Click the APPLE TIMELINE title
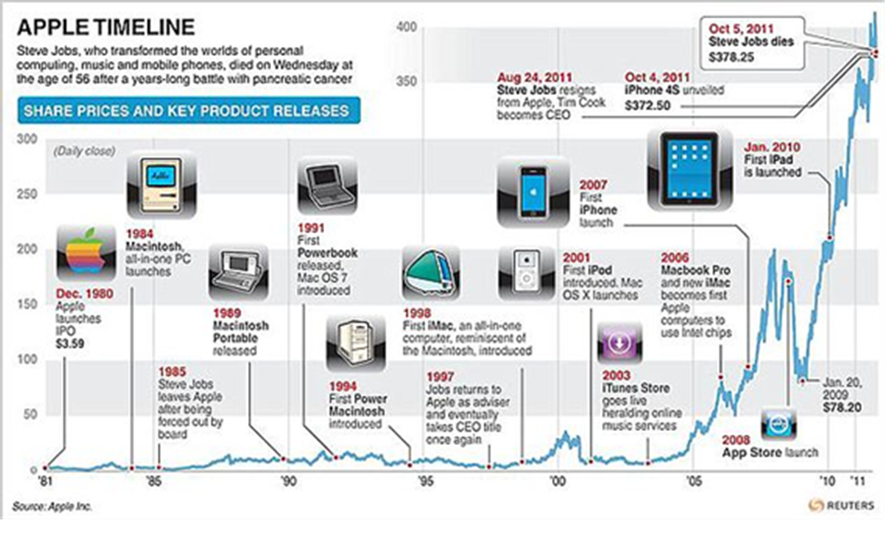coord(106,27)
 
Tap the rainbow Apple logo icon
coord(85,253)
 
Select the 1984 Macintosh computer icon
coord(162,186)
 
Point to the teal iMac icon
coord(431,273)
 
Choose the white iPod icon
coord(527,273)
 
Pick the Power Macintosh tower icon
coord(355,344)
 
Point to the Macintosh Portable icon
coord(238,274)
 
